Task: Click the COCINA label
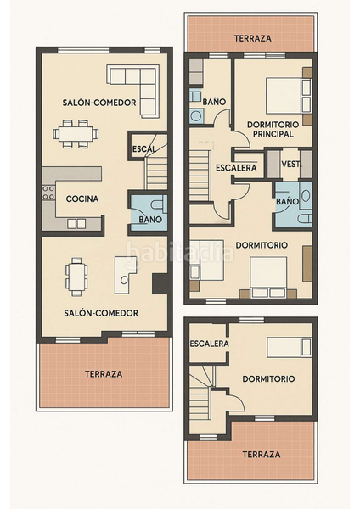[x=82, y=199]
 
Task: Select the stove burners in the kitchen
[x=48, y=193]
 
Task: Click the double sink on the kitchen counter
[x=76, y=223]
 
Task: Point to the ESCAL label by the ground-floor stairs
[x=144, y=149]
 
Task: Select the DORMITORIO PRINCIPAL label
[x=273, y=129]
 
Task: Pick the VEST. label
[x=290, y=165]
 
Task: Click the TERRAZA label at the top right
[x=253, y=38]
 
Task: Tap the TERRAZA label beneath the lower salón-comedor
[x=104, y=374]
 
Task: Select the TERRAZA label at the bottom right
[x=262, y=454]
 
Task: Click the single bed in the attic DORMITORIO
[x=290, y=347]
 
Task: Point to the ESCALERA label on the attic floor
[x=209, y=344]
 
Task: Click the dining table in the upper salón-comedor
[x=76, y=134]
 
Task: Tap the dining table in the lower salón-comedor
[x=76, y=277]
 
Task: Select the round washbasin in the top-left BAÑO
[x=196, y=116]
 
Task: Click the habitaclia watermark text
[x=180, y=253]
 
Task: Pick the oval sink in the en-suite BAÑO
[x=306, y=195]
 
